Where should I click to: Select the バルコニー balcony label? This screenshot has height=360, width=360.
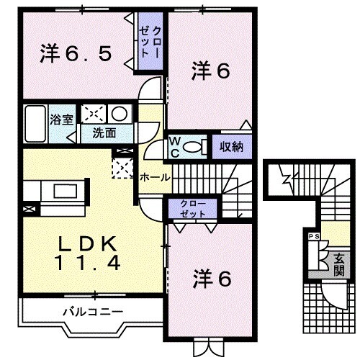pyautogui.click(x=92, y=312)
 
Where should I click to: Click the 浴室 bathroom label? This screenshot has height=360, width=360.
pyautogui.click(x=61, y=119)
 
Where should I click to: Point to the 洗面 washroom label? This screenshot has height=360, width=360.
pyautogui.click(x=104, y=133)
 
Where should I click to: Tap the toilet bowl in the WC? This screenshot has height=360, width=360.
pyautogui.click(x=192, y=145)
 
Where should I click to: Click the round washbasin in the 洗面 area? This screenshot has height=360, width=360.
pyautogui.click(x=120, y=114)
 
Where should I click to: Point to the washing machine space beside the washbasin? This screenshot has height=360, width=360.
pyautogui.click(x=93, y=114)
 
